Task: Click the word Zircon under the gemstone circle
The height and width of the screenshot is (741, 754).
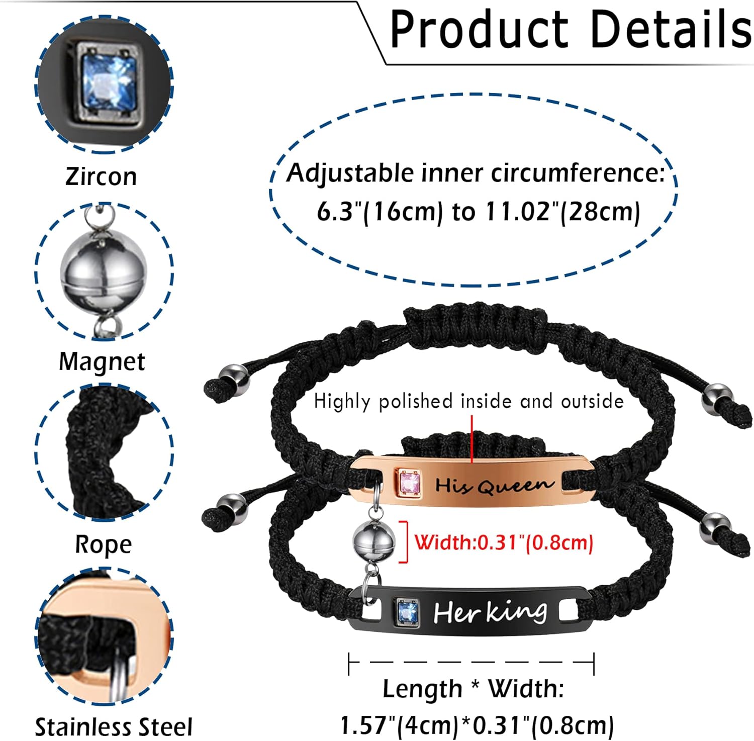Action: point(101,176)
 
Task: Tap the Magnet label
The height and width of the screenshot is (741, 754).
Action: point(102,361)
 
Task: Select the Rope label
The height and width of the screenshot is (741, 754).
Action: point(103,545)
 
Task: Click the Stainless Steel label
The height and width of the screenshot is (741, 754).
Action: point(114,727)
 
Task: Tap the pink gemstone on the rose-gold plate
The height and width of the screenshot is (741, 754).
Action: point(409,483)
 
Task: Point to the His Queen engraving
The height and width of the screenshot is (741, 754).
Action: point(494,485)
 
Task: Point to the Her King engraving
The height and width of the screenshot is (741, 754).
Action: point(490,612)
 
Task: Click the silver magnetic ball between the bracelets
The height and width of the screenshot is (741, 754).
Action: point(374,542)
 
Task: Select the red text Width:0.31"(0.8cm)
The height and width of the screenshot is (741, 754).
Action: point(504,542)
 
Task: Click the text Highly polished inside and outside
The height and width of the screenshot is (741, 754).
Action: point(468,401)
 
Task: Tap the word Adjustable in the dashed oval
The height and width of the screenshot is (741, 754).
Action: point(350,173)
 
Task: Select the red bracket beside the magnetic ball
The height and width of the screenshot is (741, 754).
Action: point(403,542)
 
